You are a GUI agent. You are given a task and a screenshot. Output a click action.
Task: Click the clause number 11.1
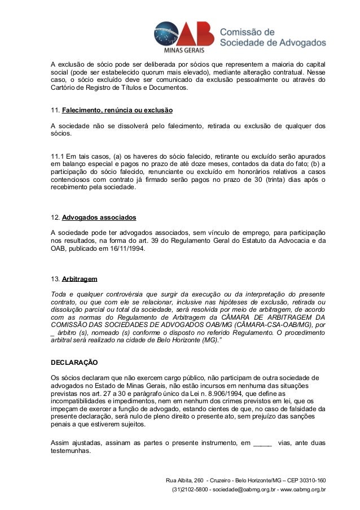pyautogui.click(x=56, y=155)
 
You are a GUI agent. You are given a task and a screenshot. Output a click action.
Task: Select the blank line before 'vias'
pyautogui.click(x=262, y=443)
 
